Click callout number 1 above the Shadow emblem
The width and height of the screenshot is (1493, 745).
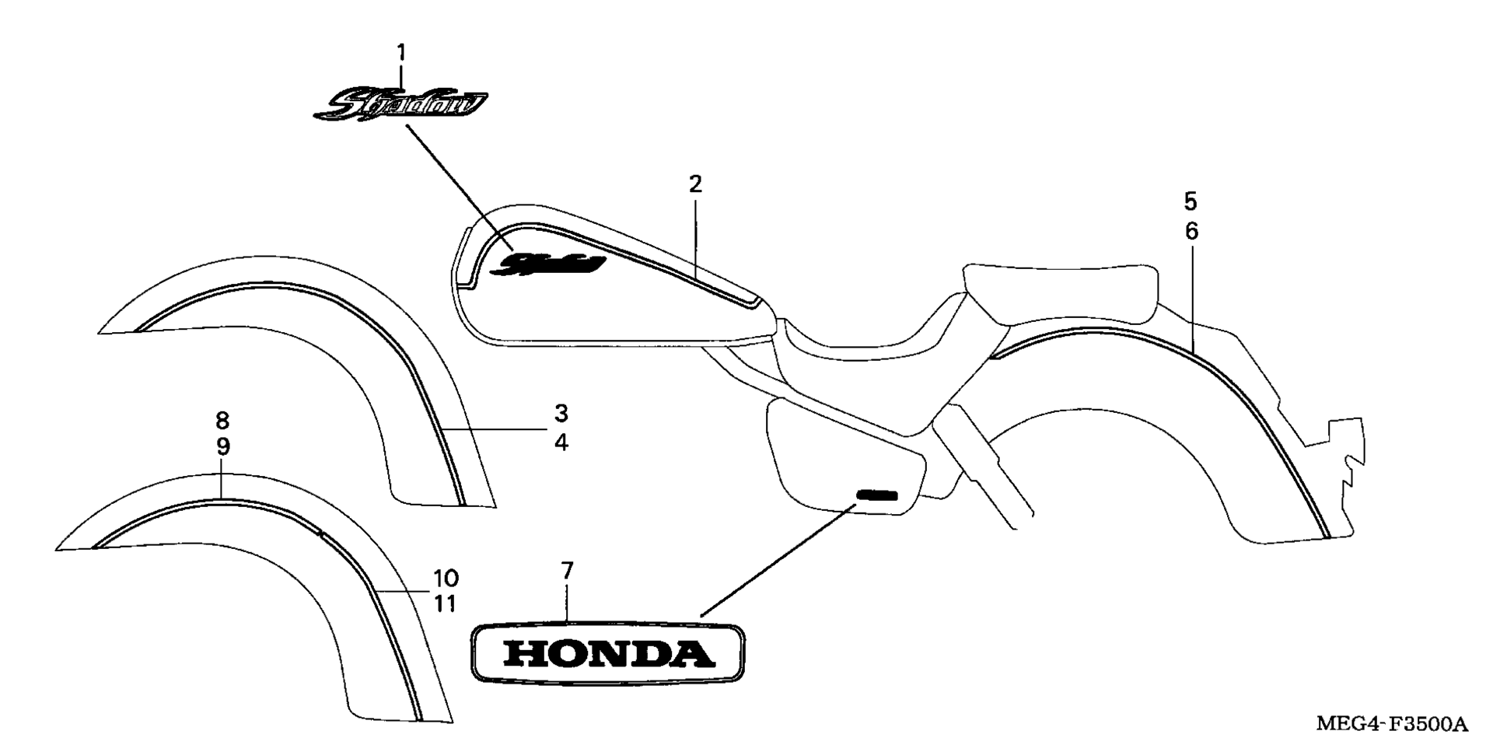tap(401, 53)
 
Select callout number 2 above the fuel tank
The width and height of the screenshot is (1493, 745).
tap(695, 184)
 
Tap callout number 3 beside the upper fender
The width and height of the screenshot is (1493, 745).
tap(561, 412)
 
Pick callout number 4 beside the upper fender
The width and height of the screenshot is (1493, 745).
tap(561, 442)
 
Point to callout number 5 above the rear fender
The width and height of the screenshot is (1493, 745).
tap(1191, 201)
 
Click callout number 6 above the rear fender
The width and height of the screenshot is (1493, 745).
tap(1191, 231)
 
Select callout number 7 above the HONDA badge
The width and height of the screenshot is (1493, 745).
tap(567, 571)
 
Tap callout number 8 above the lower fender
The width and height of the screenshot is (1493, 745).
tap(222, 421)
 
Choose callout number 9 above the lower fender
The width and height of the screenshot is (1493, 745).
tap(222, 447)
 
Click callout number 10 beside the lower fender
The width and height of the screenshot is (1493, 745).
tap(446, 579)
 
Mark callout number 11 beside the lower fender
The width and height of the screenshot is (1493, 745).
tap(445, 603)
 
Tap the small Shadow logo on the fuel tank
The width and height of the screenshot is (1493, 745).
tap(551, 264)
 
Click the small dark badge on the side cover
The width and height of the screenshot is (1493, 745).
tap(877, 495)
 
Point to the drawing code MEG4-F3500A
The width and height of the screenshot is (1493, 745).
tap(1391, 725)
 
